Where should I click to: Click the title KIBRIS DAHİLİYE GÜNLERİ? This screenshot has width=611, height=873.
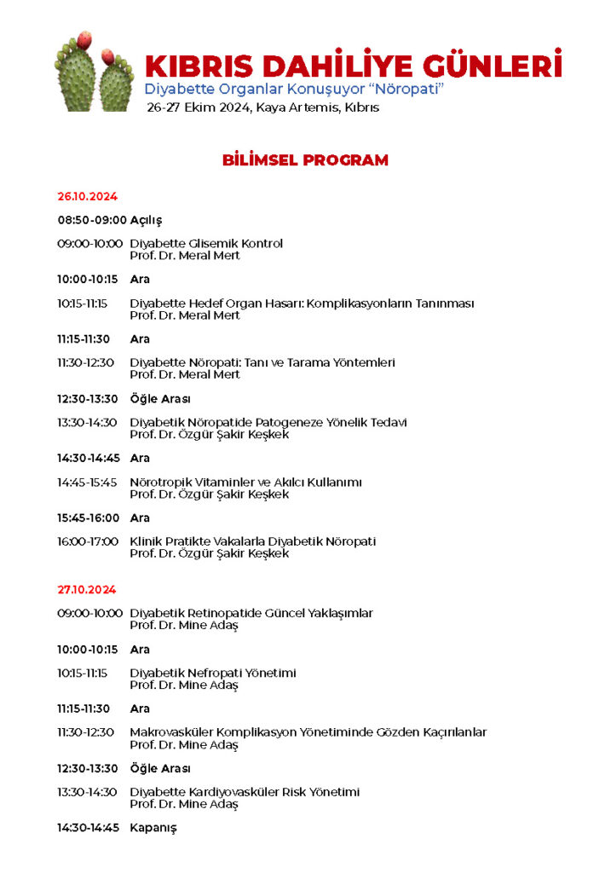pyautogui.click(x=353, y=66)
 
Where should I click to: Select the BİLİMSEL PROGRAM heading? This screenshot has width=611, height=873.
pyautogui.click(x=305, y=160)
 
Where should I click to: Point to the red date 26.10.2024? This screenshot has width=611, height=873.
pyautogui.click(x=87, y=197)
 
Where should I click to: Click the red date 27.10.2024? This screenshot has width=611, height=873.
pyautogui.click(x=87, y=590)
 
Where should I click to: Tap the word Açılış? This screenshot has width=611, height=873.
pyautogui.click(x=146, y=220)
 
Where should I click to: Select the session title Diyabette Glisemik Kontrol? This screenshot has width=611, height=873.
pyautogui.click(x=206, y=244)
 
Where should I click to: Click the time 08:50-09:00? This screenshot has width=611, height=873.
pyautogui.click(x=92, y=220)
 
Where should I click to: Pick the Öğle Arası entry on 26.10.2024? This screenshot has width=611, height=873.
pyautogui.click(x=159, y=399)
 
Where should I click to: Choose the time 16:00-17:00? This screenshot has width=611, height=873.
pyautogui.click(x=88, y=541)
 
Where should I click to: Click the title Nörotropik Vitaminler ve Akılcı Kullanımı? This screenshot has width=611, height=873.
pyautogui.click(x=245, y=483)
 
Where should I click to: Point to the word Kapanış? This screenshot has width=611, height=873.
pyautogui.click(x=153, y=828)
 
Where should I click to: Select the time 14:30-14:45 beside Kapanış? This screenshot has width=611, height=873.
pyautogui.click(x=88, y=828)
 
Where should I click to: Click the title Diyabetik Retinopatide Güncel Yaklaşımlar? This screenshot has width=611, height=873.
pyautogui.click(x=251, y=613)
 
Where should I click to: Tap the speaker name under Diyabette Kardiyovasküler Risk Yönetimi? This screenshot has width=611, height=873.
pyautogui.click(x=184, y=804)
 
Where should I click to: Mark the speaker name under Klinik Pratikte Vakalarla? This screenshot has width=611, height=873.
pyautogui.click(x=210, y=553)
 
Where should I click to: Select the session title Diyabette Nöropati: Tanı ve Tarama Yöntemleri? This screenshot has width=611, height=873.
pyautogui.click(x=262, y=363)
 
